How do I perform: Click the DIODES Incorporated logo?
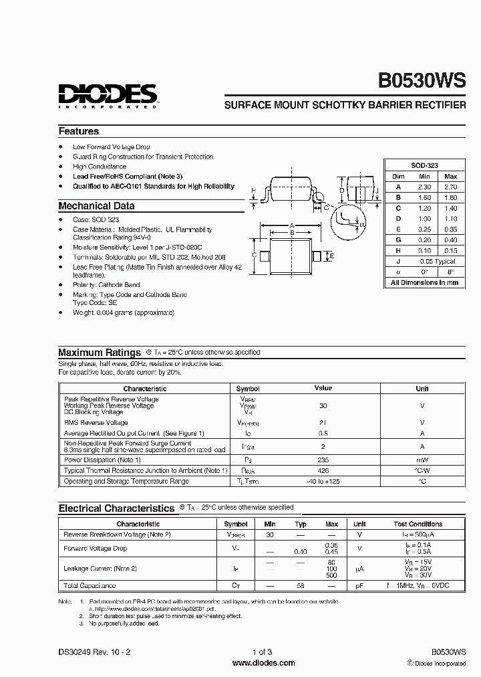click(107, 96)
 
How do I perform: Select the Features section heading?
click(79, 132)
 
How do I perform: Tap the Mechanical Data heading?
click(96, 207)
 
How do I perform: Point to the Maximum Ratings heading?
click(100, 353)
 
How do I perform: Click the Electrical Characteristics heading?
click(116, 508)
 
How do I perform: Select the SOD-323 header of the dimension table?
click(424, 165)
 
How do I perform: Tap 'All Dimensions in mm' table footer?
click(424, 283)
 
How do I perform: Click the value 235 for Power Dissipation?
click(323, 460)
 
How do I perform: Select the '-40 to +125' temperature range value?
click(323, 482)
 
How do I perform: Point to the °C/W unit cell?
click(422, 471)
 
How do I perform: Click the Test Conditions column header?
click(419, 524)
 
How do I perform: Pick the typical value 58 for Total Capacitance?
click(301, 586)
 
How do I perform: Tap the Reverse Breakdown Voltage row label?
click(117, 535)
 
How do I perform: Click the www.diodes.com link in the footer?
click(263, 663)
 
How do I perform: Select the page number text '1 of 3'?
click(263, 652)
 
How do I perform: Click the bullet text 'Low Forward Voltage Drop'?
click(112, 147)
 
